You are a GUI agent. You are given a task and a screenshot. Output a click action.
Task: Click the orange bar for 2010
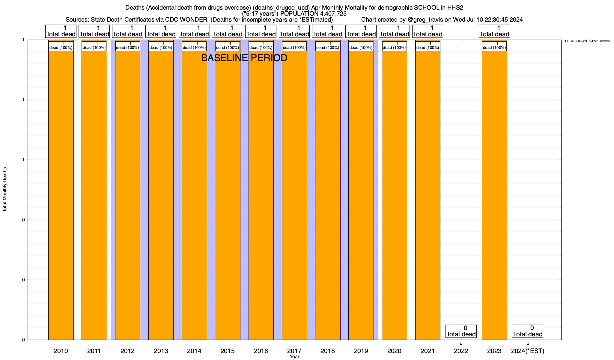(x=61, y=195)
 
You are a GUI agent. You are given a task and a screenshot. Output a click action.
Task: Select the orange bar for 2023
(x=494, y=195)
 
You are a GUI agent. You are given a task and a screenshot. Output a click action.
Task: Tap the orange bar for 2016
(x=261, y=195)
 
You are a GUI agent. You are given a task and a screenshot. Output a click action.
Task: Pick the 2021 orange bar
(x=428, y=195)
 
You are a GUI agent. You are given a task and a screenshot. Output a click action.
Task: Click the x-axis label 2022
(x=461, y=351)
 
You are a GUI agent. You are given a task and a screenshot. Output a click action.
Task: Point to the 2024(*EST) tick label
(x=528, y=351)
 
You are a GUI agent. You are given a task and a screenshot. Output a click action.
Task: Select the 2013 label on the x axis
(x=161, y=351)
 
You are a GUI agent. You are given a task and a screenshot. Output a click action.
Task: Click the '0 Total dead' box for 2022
(x=461, y=331)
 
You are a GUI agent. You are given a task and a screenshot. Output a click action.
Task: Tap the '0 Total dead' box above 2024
(x=528, y=331)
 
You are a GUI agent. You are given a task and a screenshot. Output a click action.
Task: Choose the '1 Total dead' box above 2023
(x=494, y=31)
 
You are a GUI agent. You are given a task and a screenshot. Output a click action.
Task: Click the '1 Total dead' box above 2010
(x=61, y=31)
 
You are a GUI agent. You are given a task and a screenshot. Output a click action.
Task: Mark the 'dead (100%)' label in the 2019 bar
(x=361, y=46)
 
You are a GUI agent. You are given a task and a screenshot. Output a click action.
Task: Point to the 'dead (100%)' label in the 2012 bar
(x=127, y=46)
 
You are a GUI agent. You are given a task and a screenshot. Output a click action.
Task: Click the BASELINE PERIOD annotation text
(x=244, y=58)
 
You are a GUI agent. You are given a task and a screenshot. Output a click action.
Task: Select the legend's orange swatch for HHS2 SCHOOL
(x=605, y=41)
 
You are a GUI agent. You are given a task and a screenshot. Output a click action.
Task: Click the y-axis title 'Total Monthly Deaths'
(x=5, y=190)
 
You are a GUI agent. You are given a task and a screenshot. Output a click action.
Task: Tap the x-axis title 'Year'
(x=294, y=357)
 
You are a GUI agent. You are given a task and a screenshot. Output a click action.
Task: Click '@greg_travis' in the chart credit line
(x=425, y=20)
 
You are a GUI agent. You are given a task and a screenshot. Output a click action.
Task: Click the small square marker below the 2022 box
(x=461, y=343)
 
